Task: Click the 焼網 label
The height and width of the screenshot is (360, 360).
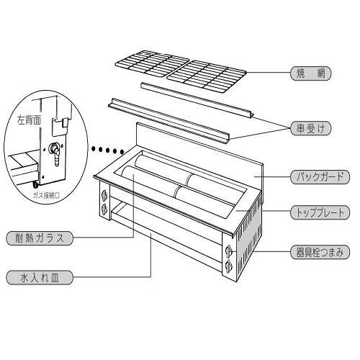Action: [311, 73]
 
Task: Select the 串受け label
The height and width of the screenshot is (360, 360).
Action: [311, 128]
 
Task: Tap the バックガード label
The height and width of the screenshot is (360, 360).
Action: [320, 177]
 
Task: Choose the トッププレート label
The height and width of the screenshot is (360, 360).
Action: [320, 212]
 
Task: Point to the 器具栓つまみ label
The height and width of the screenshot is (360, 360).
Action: [320, 252]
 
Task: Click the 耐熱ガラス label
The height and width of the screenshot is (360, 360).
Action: [40, 238]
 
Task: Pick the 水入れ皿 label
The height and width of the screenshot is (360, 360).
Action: [40, 278]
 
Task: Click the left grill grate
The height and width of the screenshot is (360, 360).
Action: [152, 63]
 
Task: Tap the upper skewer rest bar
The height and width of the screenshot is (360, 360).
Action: [197, 100]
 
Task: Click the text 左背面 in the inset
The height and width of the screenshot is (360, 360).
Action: [29, 120]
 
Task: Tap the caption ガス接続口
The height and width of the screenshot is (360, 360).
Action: [46, 196]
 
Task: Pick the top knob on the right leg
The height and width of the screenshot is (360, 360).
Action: [230, 251]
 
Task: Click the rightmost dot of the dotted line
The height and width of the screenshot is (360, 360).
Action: [122, 152]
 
